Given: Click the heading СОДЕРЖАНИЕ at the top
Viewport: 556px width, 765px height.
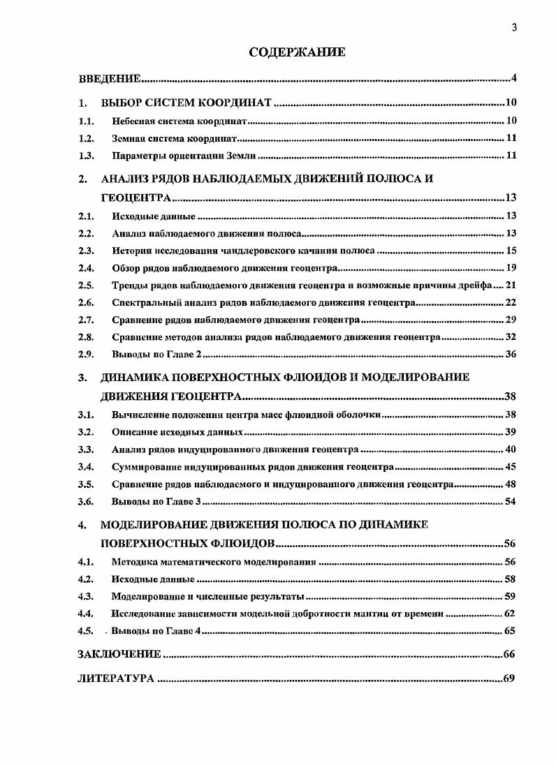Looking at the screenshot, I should (298, 52).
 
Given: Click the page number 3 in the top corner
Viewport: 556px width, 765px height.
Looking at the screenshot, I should (514, 28).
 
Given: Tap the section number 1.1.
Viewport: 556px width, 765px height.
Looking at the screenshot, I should (86, 121).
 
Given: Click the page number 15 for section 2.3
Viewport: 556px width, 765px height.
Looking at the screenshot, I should (511, 250).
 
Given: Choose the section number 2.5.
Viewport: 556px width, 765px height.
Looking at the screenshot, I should (86, 285).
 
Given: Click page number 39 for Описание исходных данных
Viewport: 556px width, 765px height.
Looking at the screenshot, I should (511, 432).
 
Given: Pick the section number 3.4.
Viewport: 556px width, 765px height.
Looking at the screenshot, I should (86, 466).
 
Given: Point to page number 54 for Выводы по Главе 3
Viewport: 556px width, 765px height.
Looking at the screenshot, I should (511, 501).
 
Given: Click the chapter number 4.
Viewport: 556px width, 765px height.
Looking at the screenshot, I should (82, 524).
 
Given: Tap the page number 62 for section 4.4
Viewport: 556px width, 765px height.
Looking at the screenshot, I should (511, 614).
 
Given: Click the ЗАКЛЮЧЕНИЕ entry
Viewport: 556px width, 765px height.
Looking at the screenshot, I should (119, 654).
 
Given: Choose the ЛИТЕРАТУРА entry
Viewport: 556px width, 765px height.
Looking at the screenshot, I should (115, 678).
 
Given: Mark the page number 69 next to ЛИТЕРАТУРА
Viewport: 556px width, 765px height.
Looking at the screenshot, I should (509, 678).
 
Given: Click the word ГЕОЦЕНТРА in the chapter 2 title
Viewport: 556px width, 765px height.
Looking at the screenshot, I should (136, 198).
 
